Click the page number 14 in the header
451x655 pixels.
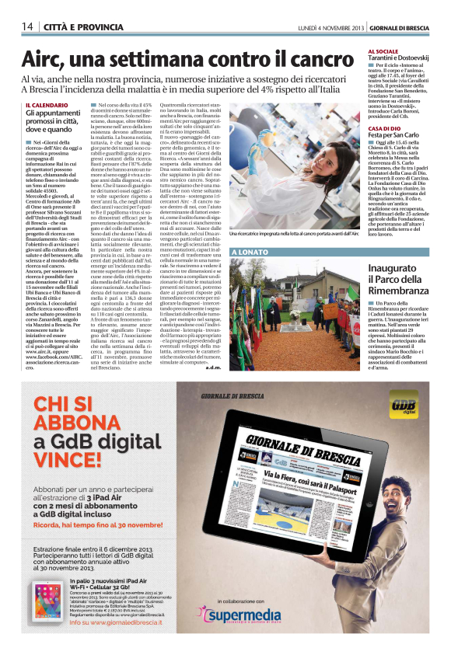[x=26, y=26]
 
